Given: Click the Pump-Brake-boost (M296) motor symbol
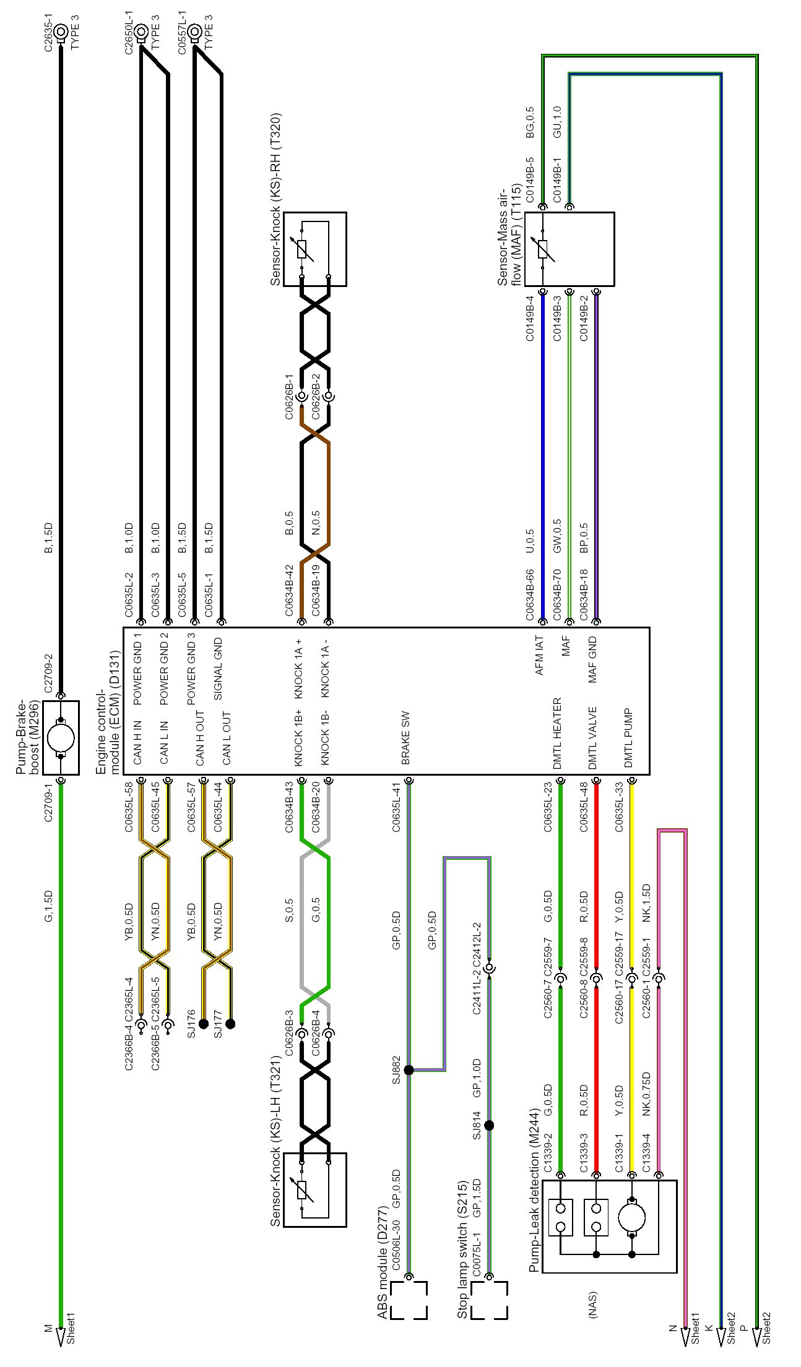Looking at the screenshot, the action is click(x=61, y=737).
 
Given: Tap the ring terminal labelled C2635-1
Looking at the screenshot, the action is click(x=61, y=31).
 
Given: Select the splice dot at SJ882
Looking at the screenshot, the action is click(x=409, y=1069).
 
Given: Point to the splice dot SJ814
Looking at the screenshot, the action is click(x=489, y=1125).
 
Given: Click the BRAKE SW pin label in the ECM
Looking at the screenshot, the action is click(x=406, y=738).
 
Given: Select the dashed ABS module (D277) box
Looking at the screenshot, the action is click(x=409, y=1300).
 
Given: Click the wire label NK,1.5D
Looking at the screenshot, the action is click(x=647, y=903).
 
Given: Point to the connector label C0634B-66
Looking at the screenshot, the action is click(x=530, y=595).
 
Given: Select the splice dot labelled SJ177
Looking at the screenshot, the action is click(x=230, y=1024).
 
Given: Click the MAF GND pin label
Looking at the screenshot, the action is click(x=592, y=659).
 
